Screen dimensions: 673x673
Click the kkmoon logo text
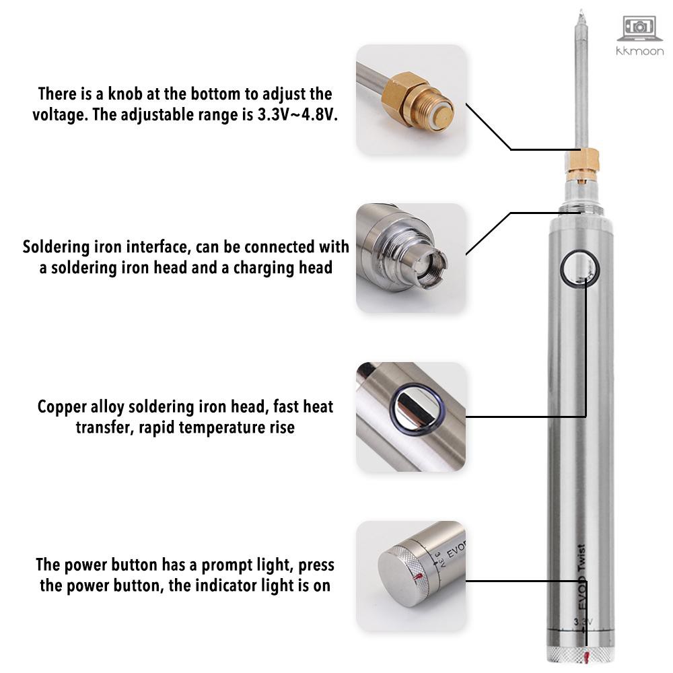[x=639, y=51]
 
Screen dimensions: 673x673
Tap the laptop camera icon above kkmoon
[x=639, y=29]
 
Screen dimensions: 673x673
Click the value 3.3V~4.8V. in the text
[x=297, y=114]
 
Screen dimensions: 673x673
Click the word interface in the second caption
[x=159, y=247]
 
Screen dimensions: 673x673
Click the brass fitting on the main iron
[x=581, y=166]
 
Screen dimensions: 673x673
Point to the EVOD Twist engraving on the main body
[x=581, y=577]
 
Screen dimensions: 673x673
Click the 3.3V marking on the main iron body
[x=583, y=621]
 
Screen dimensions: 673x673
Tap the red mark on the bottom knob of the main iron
[x=587, y=656]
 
